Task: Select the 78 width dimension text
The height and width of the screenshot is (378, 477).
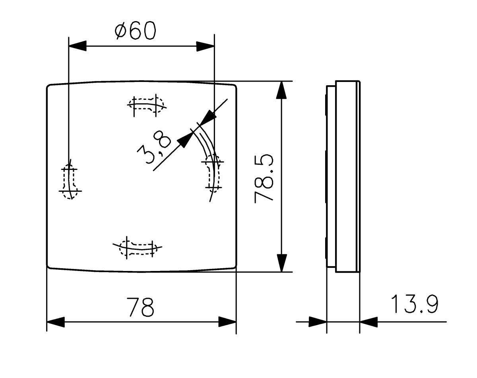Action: pyautogui.click(x=140, y=307)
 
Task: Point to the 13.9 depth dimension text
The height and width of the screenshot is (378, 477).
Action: pyautogui.click(x=414, y=304)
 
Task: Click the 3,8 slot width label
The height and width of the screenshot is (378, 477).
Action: pyautogui.click(x=154, y=149)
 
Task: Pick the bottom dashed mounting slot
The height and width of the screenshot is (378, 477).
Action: pyautogui.click(x=138, y=247)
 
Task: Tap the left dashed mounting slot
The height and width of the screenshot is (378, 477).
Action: pyautogui.click(x=70, y=181)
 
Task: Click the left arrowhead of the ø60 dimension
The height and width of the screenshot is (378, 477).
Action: pyautogui.click(x=77, y=46)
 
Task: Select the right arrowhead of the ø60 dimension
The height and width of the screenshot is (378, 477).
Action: pyautogui.click(x=206, y=46)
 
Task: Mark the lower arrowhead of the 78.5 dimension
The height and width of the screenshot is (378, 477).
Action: pyautogui.click(x=281, y=263)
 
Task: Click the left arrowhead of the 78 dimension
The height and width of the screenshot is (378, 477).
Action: pyautogui.click(x=56, y=322)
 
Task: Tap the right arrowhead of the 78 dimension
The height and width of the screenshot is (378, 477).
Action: pyautogui.click(x=227, y=322)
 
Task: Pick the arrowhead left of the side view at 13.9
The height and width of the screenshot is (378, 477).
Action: pyautogui.click(x=318, y=322)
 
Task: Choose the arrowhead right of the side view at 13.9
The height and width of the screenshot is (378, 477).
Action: pyautogui.click(x=368, y=322)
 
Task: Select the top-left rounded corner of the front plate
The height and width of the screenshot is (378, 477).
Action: pyautogui.click(x=49, y=86)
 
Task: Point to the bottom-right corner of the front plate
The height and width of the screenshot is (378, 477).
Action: pyautogui.click(x=235, y=267)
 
